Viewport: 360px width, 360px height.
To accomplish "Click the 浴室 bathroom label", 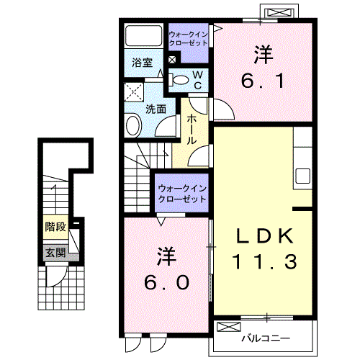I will click(141, 63).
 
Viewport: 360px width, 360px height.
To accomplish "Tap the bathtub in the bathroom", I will click(144, 37).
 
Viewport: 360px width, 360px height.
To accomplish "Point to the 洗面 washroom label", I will click(156, 109).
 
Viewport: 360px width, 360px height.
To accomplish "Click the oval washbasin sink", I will click(134, 125).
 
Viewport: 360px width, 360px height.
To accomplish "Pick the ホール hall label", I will click(192, 130).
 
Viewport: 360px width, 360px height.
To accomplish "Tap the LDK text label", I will click(264, 236).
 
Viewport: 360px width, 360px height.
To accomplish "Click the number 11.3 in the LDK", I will click(264, 263).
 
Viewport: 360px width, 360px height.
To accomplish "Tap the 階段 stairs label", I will click(55, 227).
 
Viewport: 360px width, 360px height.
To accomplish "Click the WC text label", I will click(197, 80).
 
